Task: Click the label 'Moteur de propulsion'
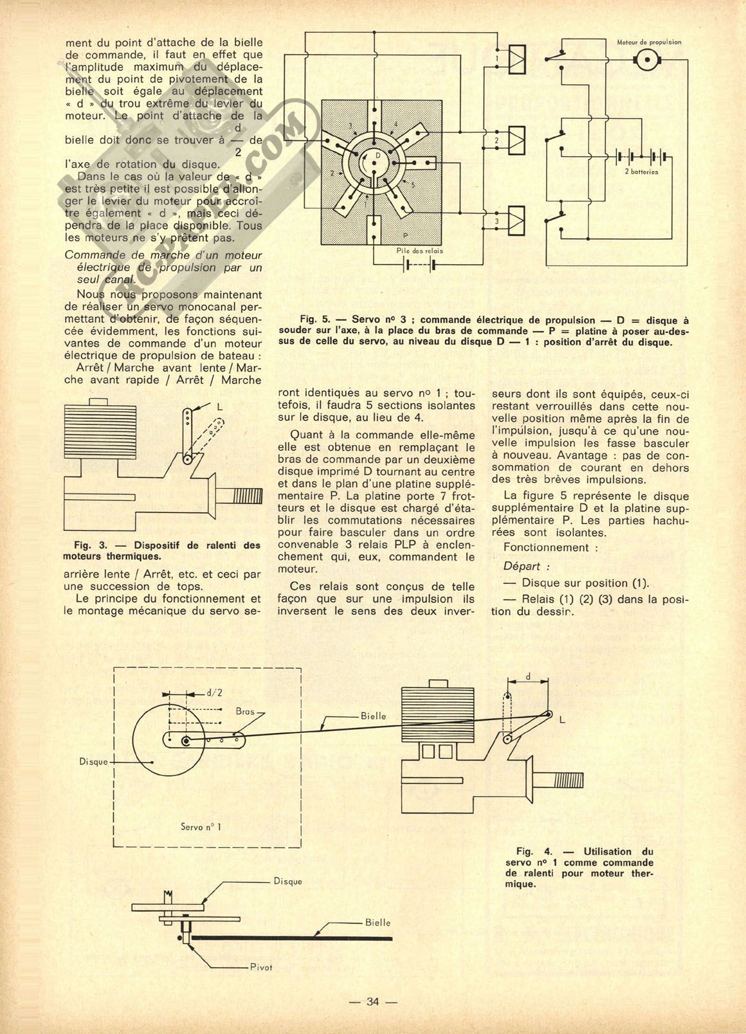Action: pyautogui.click(x=649, y=42)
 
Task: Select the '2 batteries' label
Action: pyautogui.click(x=641, y=172)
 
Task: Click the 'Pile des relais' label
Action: pyautogui.click(x=419, y=251)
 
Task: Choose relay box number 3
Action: pyautogui.click(x=516, y=221)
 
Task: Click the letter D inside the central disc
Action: pyautogui.click(x=378, y=156)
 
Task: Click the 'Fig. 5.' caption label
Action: pyautogui.click(x=314, y=320)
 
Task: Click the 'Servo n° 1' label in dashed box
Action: pyautogui.click(x=201, y=826)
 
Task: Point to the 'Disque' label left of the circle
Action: pyautogui.click(x=94, y=761)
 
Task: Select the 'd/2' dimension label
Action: pyautogui.click(x=215, y=693)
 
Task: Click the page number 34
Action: pyautogui.click(x=372, y=1001)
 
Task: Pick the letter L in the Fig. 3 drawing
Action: pyautogui.click(x=220, y=407)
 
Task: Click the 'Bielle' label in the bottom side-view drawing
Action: pyautogui.click(x=378, y=922)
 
